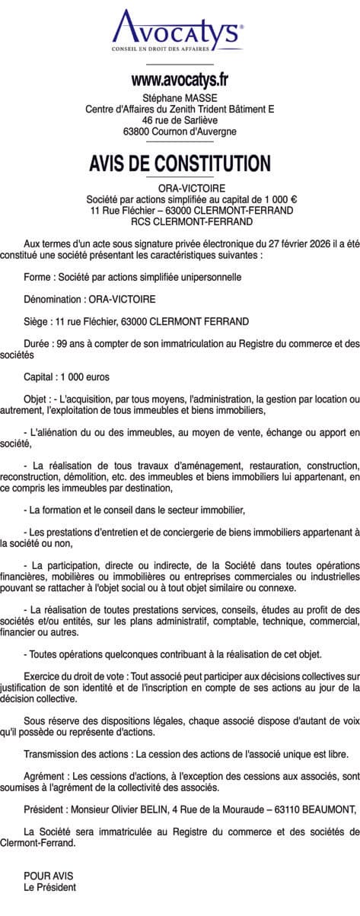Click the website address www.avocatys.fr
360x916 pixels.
[180, 79]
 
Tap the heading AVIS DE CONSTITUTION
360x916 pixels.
[180, 163]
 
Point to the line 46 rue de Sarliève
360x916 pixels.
[180, 120]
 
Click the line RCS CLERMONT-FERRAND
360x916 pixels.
[180, 221]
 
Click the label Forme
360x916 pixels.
[39, 278]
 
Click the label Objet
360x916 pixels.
[37, 399]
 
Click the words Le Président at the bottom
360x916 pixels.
[50, 887]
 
